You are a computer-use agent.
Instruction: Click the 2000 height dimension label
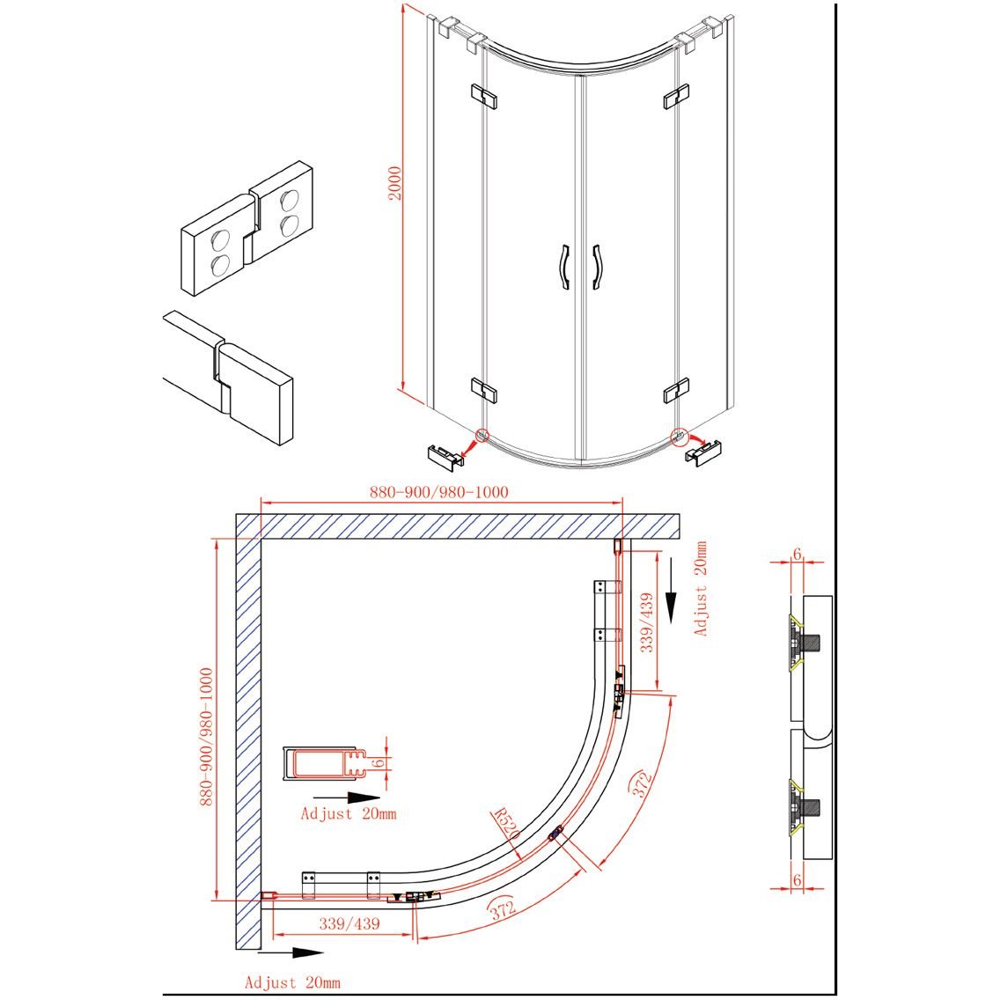tap(395, 183)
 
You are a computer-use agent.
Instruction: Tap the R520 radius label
tap(507, 824)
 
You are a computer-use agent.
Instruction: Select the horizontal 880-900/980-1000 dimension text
tap(439, 492)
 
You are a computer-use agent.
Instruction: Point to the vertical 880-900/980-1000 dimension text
tap(206, 737)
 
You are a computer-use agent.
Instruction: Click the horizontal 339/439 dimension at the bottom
tap(349, 923)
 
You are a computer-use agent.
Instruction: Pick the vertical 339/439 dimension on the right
tap(647, 622)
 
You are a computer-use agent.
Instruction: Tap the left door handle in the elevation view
tap(563, 267)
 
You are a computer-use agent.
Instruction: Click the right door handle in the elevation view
tap(596, 267)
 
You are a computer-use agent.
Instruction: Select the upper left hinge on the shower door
tap(484, 96)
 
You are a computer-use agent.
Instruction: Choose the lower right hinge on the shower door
tap(676, 391)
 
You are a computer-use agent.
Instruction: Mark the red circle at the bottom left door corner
tap(482, 435)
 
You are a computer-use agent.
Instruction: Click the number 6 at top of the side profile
tap(797, 555)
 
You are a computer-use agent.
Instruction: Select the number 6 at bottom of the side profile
tap(797, 880)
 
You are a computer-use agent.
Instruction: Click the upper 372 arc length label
tap(642, 783)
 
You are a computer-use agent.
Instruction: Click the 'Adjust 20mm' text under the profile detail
tap(349, 813)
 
